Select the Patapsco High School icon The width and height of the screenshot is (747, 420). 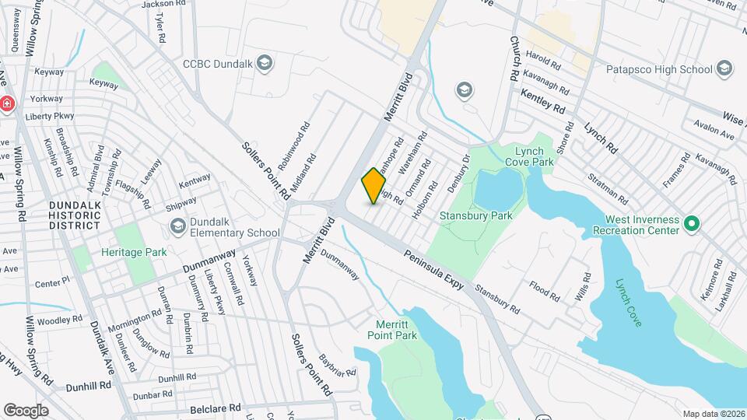coord(725,69)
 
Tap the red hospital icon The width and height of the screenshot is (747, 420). coord(6,104)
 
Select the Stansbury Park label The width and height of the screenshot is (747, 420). coord(469,215)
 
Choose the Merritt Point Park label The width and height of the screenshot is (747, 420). coord(392,330)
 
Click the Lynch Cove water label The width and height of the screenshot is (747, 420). coord(629,302)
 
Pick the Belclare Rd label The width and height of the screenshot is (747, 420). coord(216,408)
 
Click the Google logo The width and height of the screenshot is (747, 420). coord(26,411)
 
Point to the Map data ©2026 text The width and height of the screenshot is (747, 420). coord(713,413)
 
